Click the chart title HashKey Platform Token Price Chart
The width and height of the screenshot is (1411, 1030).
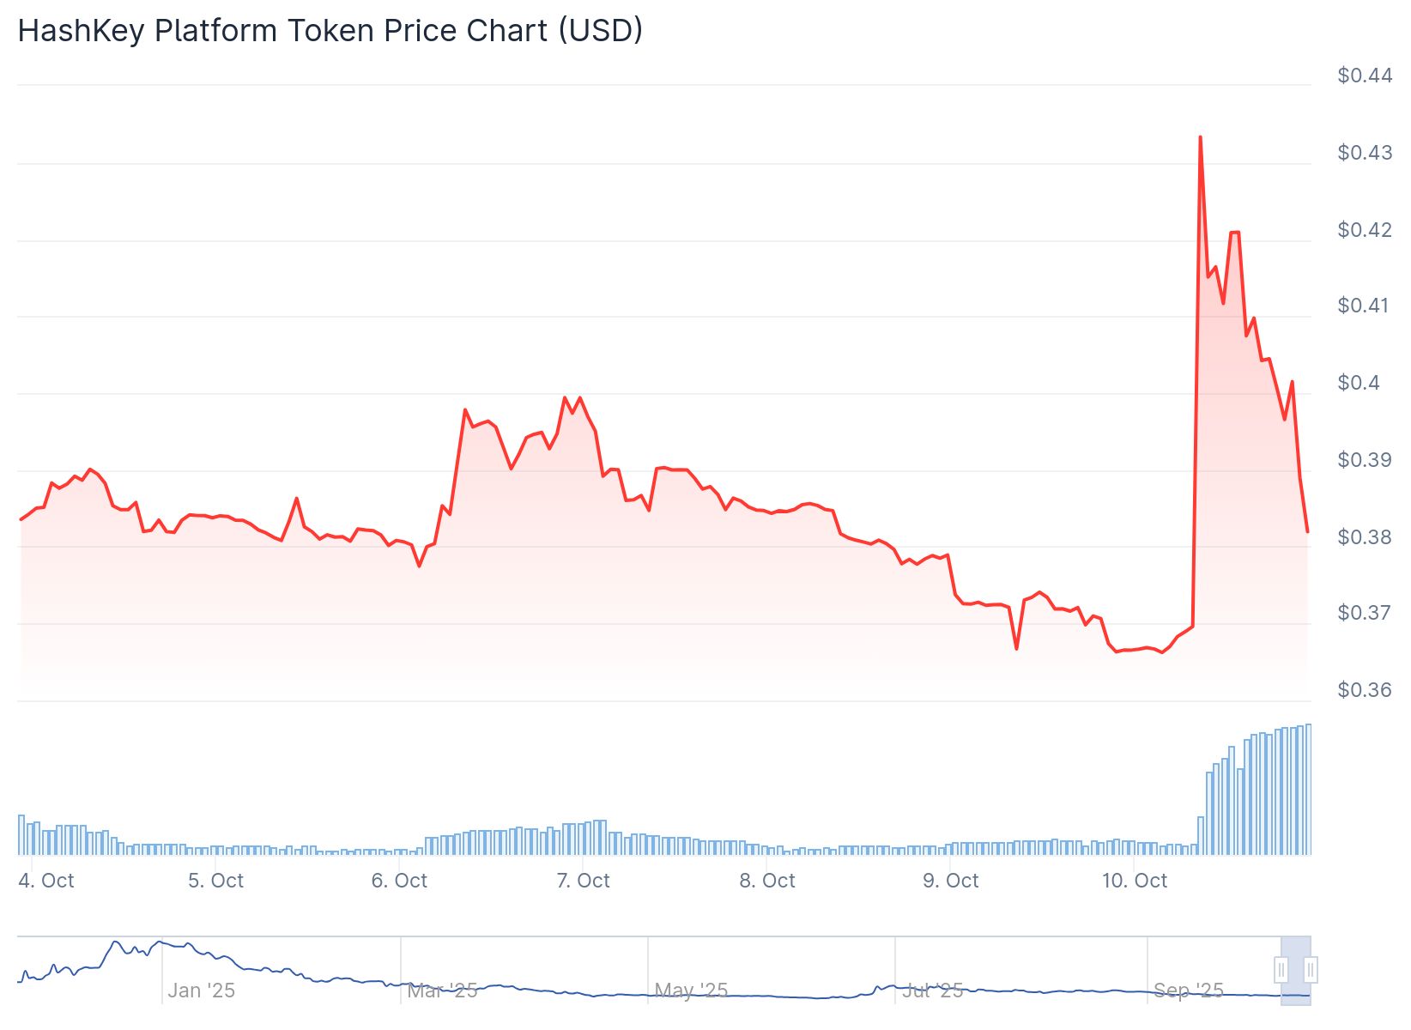click(330, 31)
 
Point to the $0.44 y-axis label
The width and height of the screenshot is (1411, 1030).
click(1364, 76)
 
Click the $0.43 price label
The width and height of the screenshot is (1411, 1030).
click(1364, 153)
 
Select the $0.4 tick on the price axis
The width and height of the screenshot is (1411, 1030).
click(1359, 383)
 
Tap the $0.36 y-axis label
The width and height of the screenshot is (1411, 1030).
click(1364, 690)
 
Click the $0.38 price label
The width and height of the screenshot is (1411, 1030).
click(1364, 537)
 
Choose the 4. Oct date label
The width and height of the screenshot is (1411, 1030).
click(46, 881)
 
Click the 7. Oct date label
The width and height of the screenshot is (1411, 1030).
click(583, 881)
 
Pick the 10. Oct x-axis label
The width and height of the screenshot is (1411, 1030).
click(1134, 881)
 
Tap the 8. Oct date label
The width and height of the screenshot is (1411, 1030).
click(766, 881)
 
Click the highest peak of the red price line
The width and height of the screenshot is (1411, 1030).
click(1200, 137)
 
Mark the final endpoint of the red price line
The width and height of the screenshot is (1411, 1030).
click(1307, 531)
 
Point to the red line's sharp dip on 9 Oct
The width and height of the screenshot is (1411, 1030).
click(1016, 648)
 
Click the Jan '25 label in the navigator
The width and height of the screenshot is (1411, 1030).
click(201, 991)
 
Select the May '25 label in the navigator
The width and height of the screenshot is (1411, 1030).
click(691, 991)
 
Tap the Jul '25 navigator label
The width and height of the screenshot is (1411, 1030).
click(933, 991)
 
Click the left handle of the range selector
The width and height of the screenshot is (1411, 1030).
click(1281, 970)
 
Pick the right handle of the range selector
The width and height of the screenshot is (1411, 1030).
click(1311, 970)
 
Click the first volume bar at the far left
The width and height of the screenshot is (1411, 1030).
click(21, 834)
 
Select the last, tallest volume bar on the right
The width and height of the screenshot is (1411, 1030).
click(1308, 790)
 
